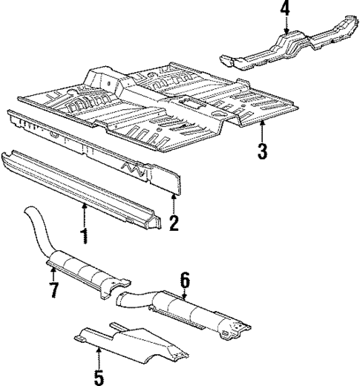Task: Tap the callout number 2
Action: [174, 223]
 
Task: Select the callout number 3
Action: [261, 153]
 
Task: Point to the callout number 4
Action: [285, 10]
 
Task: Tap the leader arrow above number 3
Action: [261, 131]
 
